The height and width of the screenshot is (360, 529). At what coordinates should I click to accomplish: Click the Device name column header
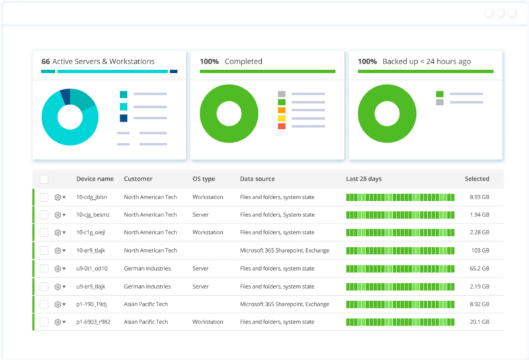point(95,179)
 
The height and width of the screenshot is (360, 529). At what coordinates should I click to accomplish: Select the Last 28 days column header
point(364,179)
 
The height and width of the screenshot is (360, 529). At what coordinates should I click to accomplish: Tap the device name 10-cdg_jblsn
point(91,197)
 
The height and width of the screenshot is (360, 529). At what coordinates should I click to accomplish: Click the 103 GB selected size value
point(480,251)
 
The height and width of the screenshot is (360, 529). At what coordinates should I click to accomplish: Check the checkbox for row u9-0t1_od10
point(44,269)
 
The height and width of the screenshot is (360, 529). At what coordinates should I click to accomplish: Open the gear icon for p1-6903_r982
point(58,322)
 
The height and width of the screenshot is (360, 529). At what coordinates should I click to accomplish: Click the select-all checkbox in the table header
point(44,179)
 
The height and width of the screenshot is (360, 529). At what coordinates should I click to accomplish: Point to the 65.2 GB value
point(479,269)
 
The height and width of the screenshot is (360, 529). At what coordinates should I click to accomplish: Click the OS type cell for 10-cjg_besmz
point(202,215)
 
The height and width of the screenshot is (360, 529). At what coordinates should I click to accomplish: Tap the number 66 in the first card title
point(46,62)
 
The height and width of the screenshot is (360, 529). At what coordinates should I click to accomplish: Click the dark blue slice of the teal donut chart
point(65,95)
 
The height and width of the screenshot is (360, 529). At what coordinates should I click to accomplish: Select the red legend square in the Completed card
point(282,126)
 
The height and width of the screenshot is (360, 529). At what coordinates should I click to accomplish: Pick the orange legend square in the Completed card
point(282,110)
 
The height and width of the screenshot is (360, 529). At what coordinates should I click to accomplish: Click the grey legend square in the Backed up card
point(440,102)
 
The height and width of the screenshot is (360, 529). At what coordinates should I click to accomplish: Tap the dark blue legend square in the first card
point(124,118)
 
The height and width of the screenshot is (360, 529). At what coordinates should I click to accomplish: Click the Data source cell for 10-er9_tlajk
point(284,251)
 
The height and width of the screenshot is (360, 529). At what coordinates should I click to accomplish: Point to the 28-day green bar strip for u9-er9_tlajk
point(400,287)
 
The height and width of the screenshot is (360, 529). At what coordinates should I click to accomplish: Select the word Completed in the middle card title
point(243,62)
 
